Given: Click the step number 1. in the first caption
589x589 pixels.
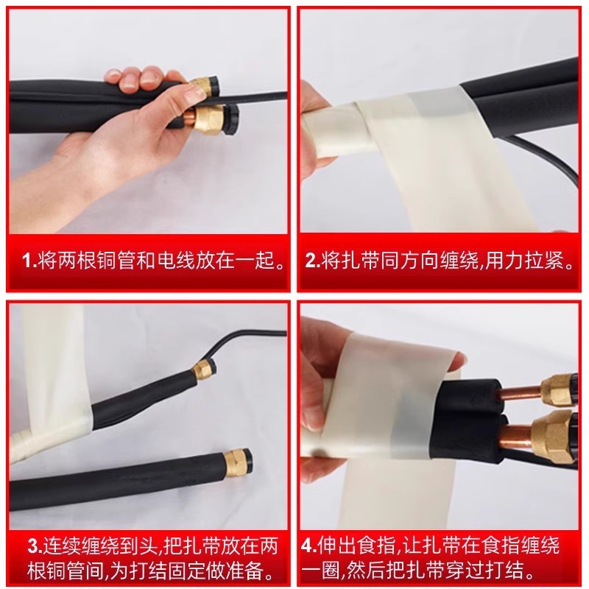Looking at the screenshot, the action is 29,261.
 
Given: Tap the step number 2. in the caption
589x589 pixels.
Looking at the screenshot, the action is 312,261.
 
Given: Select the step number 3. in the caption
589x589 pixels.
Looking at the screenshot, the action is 35,546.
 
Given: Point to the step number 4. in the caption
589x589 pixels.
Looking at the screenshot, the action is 309,546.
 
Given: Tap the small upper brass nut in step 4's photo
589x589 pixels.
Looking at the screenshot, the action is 554,391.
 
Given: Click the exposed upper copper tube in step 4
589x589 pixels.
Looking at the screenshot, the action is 521,395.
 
